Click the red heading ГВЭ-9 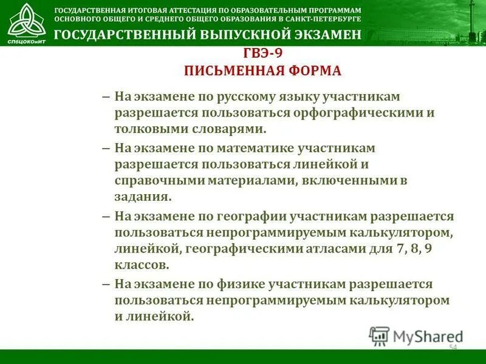[262, 53]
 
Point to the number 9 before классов [428, 249]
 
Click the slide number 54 [453, 347]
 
